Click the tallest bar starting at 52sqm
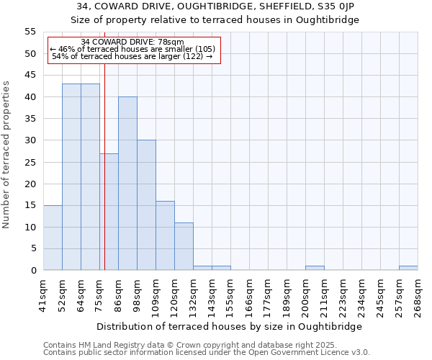pos(71,176)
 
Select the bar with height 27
pos(109,212)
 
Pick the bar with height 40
pos(127,184)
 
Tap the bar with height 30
pos(146,205)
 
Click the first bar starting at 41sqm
pos(53,238)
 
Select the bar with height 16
pos(165,235)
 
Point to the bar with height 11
pos(184,246)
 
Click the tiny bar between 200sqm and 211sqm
pos(315,268)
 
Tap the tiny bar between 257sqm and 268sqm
pos(408,268)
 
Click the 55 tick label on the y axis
pos(30,32)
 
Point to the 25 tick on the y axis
pos(30,162)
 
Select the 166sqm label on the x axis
pos(249,295)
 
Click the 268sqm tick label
pos(418,295)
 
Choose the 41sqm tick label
pos(44,295)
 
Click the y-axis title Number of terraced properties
pos(6,155)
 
